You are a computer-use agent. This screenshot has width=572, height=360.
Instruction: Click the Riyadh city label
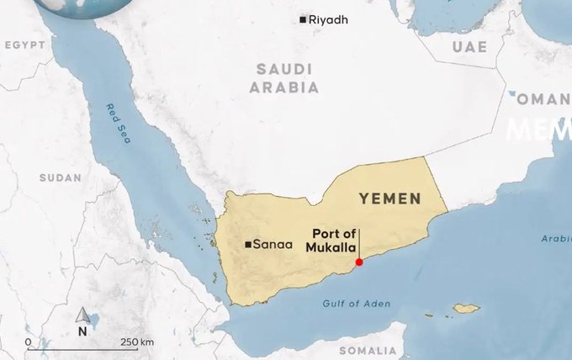[328, 19]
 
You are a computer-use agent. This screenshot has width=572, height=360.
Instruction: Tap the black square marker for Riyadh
[303, 19]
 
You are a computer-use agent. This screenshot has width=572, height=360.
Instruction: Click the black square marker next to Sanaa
[247, 245]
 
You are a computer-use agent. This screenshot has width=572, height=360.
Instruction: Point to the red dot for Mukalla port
[359, 262]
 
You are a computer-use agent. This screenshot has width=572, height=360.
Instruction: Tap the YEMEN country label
[389, 199]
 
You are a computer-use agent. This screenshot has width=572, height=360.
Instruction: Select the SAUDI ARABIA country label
[289, 77]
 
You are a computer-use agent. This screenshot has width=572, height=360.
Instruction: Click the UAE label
[469, 46]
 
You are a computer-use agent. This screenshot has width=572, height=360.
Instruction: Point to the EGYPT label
[24, 45]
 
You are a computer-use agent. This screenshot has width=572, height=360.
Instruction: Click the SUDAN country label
[61, 177]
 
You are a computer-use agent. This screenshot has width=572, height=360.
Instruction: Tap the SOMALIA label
[367, 350]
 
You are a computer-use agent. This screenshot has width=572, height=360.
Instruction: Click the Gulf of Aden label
[357, 303]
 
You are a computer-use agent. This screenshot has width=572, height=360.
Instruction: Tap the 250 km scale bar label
[135, 342]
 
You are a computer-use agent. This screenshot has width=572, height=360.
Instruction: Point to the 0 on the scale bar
[29, 342]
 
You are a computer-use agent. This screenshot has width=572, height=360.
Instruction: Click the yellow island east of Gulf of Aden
[465, 309]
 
